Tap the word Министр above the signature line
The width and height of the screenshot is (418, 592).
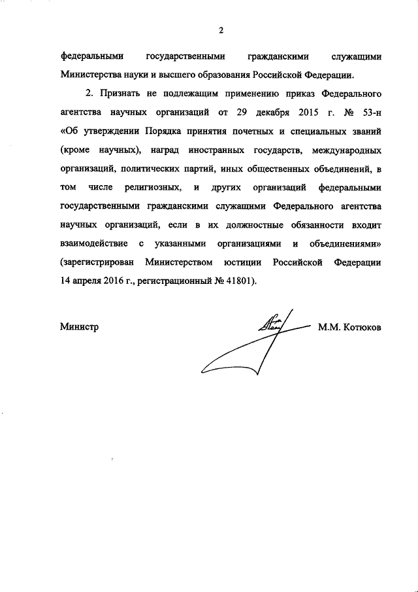coord(79,326)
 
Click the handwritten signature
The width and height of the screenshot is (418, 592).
coord(261,334)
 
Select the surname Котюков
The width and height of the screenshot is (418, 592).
coord(359,326)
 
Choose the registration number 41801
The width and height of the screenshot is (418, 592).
coord(238,282)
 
